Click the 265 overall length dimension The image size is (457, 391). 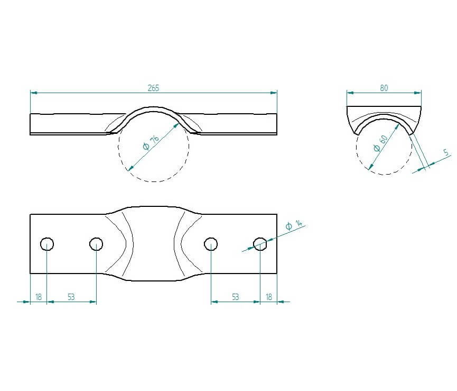[x=153, y=88]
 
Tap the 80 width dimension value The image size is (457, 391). [x=384, y=88]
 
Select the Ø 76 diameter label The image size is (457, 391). [x=151, y=142]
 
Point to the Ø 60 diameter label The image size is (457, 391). [x=380, y=143]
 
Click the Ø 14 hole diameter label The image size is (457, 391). [x=294, y=225]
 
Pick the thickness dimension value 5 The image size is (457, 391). [x=445, y=152]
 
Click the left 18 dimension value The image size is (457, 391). [x=39, y=297]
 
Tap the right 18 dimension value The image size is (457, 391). [x=269, y=297]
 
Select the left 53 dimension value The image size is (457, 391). [x=71, y=297]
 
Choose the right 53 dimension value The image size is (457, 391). [x=235, y=297]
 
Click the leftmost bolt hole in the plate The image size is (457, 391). [x=47, y=244]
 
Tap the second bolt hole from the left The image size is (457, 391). [x=96, y=244]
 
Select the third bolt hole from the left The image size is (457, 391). [x=211, y=244]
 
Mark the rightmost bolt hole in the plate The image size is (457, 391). [x=260, y=244]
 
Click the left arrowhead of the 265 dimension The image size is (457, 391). [x=34, y=93]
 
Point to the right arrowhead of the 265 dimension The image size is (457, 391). [x=274, y=93]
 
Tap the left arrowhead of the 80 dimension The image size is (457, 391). [x=350, y=93]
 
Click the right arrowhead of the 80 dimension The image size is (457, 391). [x=418, y=93]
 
